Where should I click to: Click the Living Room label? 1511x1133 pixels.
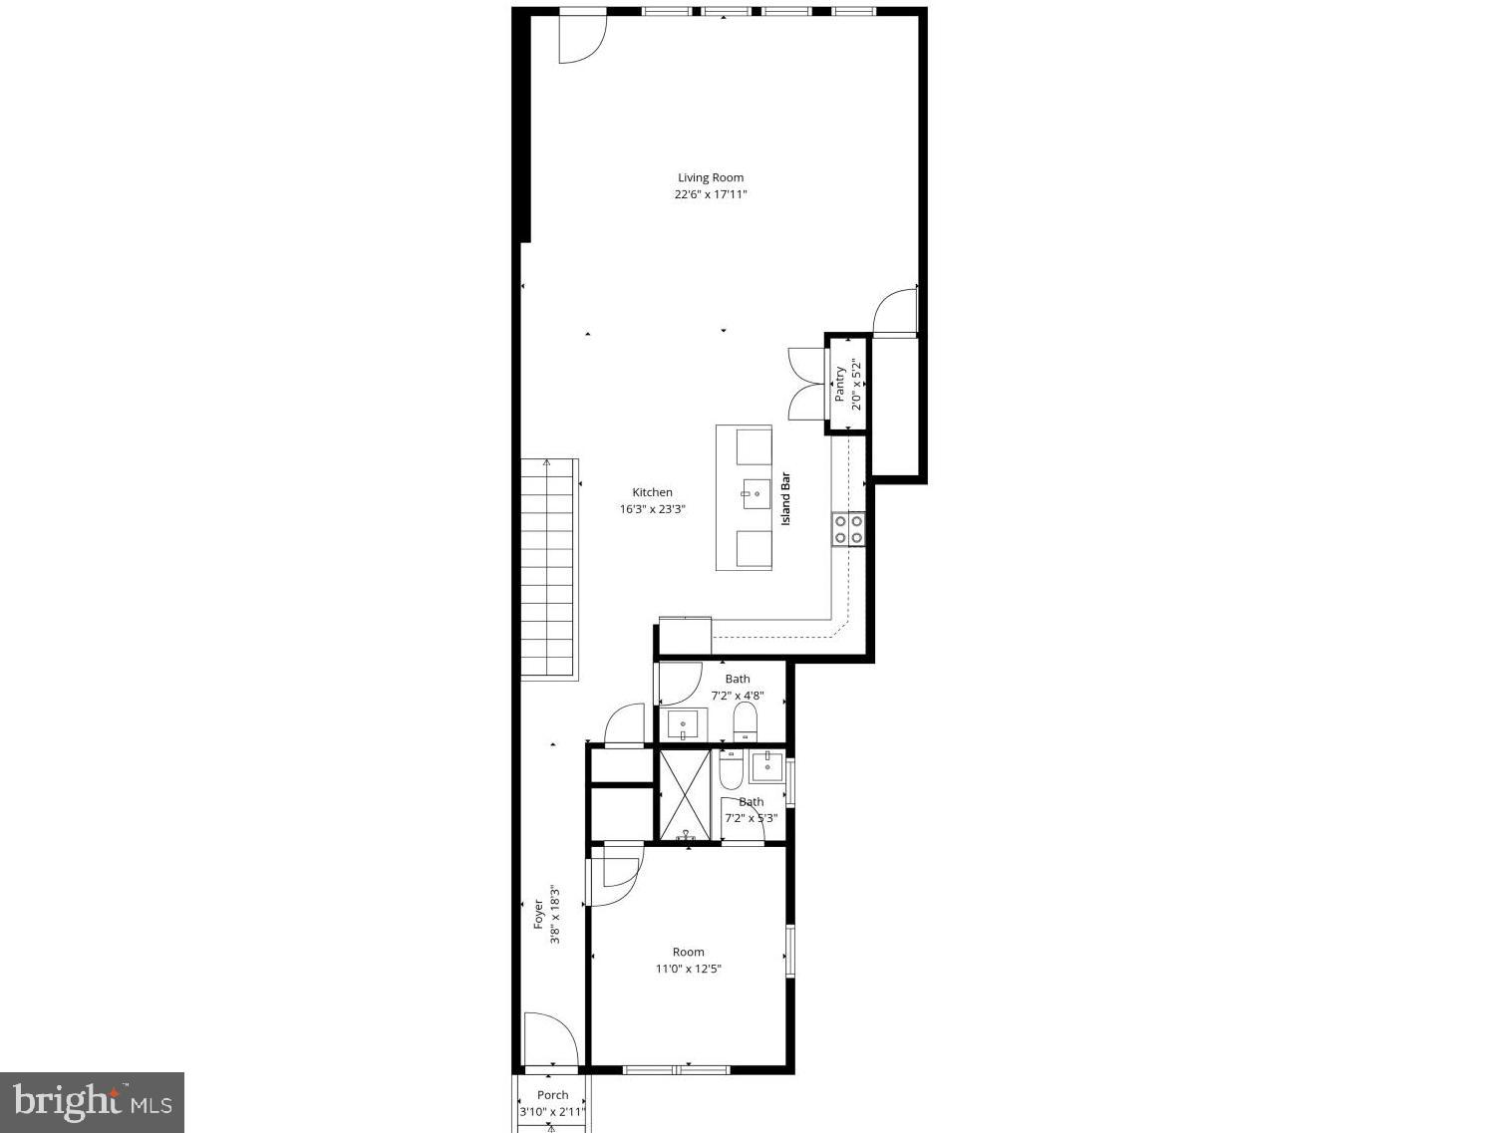[x=711, y=178]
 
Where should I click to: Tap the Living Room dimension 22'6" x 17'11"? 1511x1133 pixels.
[x=711, y=195]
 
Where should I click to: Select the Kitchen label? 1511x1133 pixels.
[x=653, y=492]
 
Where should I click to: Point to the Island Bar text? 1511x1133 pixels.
[x=785, y=497]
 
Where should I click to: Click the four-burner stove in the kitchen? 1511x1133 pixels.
[x=849, y=529]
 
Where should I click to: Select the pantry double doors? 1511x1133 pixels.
[x=805, y=384]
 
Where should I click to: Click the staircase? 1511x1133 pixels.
[x=549, y=569]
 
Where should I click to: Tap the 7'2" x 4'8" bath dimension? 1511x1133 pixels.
[x=738, y=696]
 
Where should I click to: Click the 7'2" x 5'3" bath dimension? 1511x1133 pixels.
[x=751, y=818]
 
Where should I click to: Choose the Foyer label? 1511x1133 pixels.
[x=538, y=915]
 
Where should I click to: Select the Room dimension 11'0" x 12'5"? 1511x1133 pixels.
[x=688, y=969]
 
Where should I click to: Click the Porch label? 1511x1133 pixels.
[x=552, y=1095]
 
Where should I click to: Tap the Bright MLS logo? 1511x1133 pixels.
[x=92, y=1102]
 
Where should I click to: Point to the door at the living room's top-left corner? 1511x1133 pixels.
[x=582, y=38]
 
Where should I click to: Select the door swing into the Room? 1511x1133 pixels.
[x=614, y=876]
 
